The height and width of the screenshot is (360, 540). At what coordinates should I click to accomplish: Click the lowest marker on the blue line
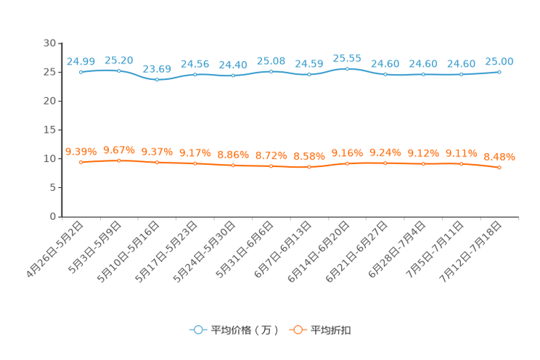pyautogui.click(x=157, y=79)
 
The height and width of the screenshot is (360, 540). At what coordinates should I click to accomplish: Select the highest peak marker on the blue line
pyautogui.click(x=347, y=68)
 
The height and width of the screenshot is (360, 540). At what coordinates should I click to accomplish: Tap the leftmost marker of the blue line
pyautogui.click(x=81, y=72)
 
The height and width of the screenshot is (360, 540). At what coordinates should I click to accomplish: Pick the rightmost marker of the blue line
pyautogui.click(x=499, y=71)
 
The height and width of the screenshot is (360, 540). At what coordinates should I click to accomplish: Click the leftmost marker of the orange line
pyautogui.click(x=81, y=163)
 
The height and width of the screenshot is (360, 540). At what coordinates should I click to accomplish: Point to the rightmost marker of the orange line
pyautogui.click(x=499, y=167)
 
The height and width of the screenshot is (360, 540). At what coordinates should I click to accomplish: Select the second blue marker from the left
pyautogui.click(x=119, y=70)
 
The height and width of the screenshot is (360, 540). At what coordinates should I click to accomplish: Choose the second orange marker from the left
pyautogui.click(x=119, y=160)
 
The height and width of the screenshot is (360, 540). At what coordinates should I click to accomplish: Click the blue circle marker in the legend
pyautogui.click(x=197, y=330)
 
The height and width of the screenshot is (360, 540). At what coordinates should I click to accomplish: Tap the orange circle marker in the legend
pyautogui.click(x=297, y=330)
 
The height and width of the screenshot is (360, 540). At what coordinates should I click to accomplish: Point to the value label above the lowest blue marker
pyautogui.click(x=157, y=69)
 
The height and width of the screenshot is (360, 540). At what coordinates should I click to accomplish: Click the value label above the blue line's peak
pyautogui.click(x=347, y=57)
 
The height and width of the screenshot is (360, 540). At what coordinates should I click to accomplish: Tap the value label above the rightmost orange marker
pyautogui.click(x=499, y=156)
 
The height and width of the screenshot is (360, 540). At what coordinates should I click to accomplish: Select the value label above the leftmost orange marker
pyautogui.click(x=81, y=152)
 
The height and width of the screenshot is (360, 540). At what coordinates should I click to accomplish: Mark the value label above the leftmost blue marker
pyautogui.click(x=81, y=61)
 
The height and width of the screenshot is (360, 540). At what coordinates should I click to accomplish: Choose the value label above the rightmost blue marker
pyautogui.click(x=499, y=60)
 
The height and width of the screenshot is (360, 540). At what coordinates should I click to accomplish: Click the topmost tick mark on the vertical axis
pyautogui.click(x=60, y=44)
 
